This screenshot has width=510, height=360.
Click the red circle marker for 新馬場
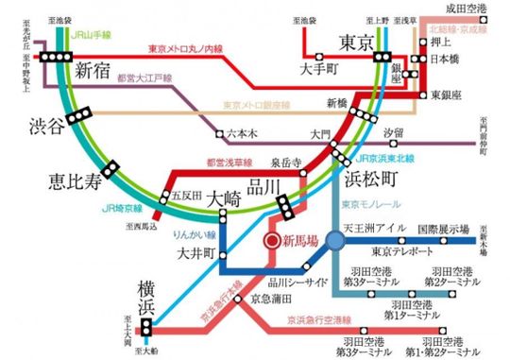pyautogui.click(x=271, y=241)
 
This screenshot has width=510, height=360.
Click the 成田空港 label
pyautogui.click(x=469, y=9)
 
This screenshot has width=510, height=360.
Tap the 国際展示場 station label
pyautogui.click(x=443, y=230)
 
